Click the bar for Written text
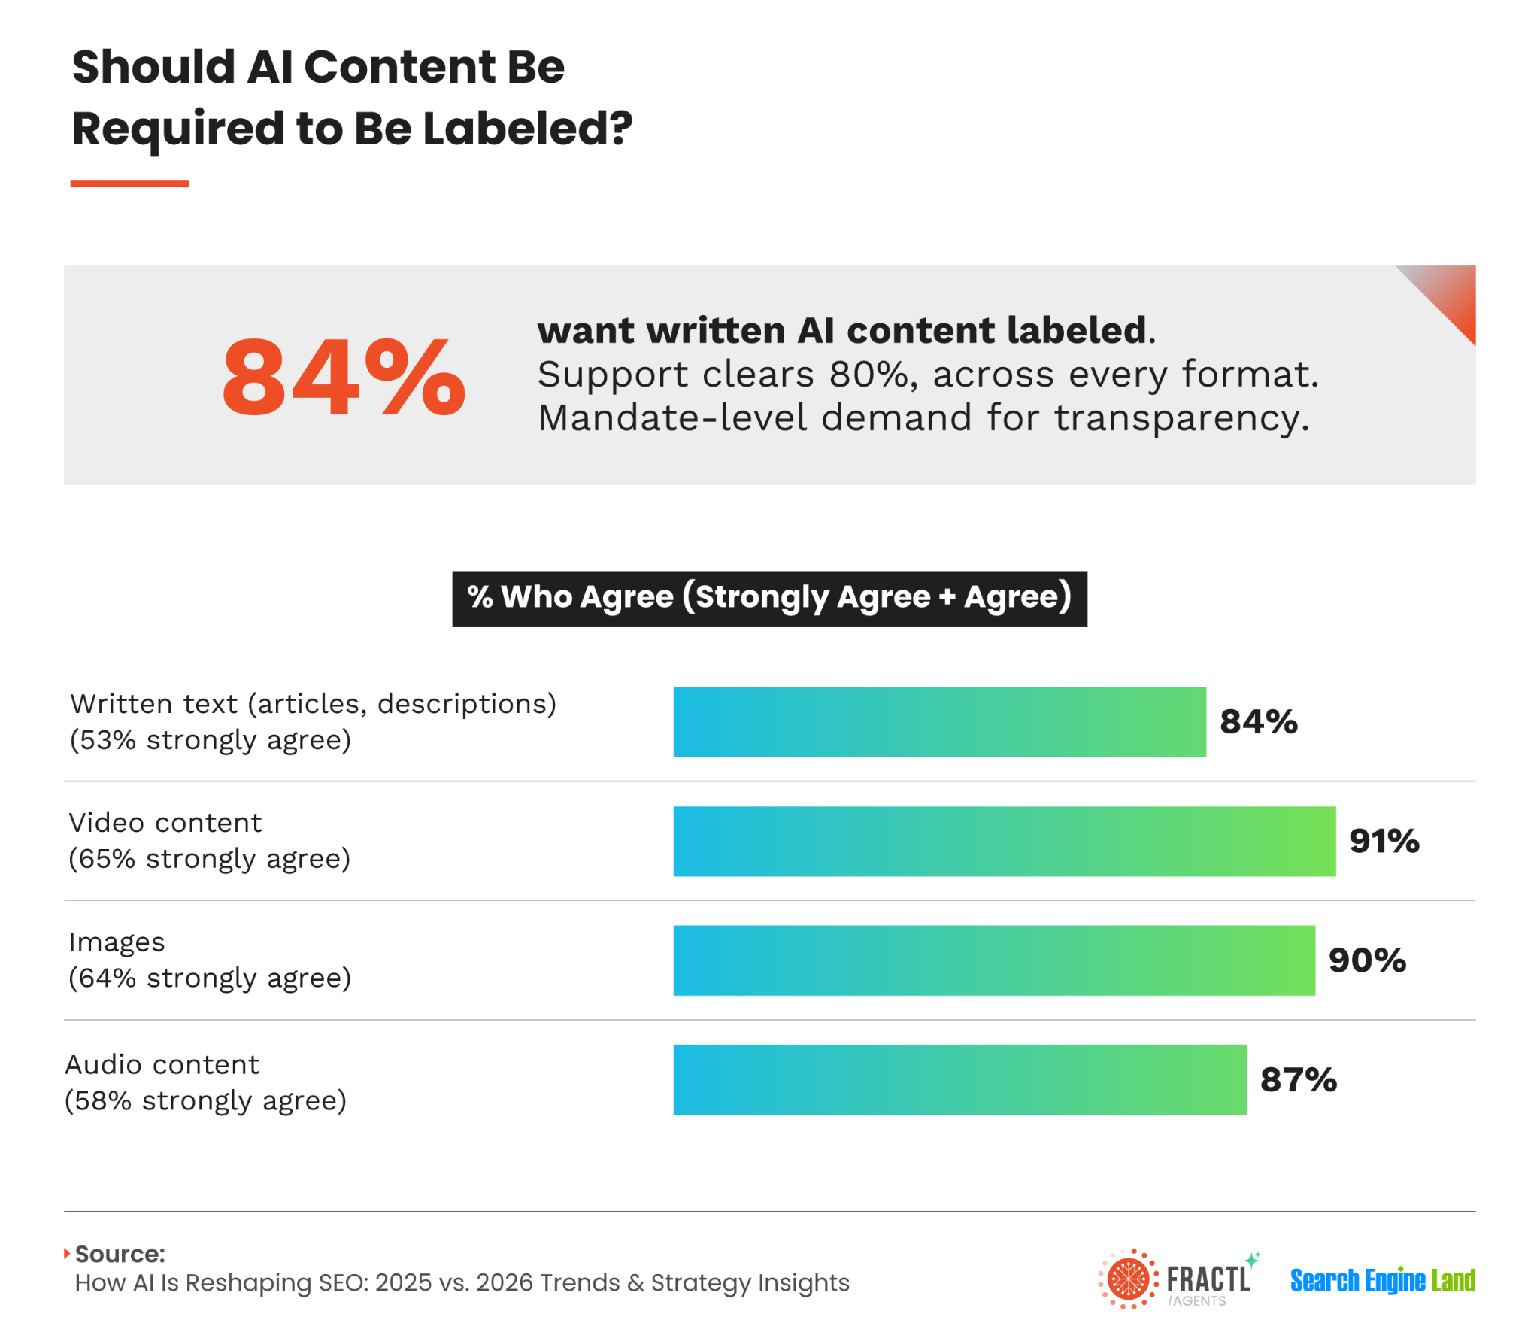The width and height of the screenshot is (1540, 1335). coord(939,722)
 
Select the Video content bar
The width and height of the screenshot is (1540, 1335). coord(1005,841)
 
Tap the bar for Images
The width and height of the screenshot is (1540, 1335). coord(994,960)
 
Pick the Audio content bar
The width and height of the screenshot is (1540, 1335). coord(959,1079)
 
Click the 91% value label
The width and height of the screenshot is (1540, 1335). coord(1384,841)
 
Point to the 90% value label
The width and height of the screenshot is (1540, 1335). coord(1367,960)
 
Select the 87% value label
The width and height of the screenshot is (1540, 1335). coord(1299,1080)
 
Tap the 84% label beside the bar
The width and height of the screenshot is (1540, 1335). coord(1259,722)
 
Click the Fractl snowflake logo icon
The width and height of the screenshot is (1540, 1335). coord(1128,1279)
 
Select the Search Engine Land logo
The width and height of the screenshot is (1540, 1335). coord(1383,1279)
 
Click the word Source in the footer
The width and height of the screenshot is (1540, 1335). coord(120,1254)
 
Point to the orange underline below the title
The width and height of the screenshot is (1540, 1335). coord(129,184)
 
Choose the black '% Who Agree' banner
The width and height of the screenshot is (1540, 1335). coord(769,599)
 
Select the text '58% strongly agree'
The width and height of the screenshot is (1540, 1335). coord(206,1101)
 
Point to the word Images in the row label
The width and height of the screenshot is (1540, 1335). coord(117,942)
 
